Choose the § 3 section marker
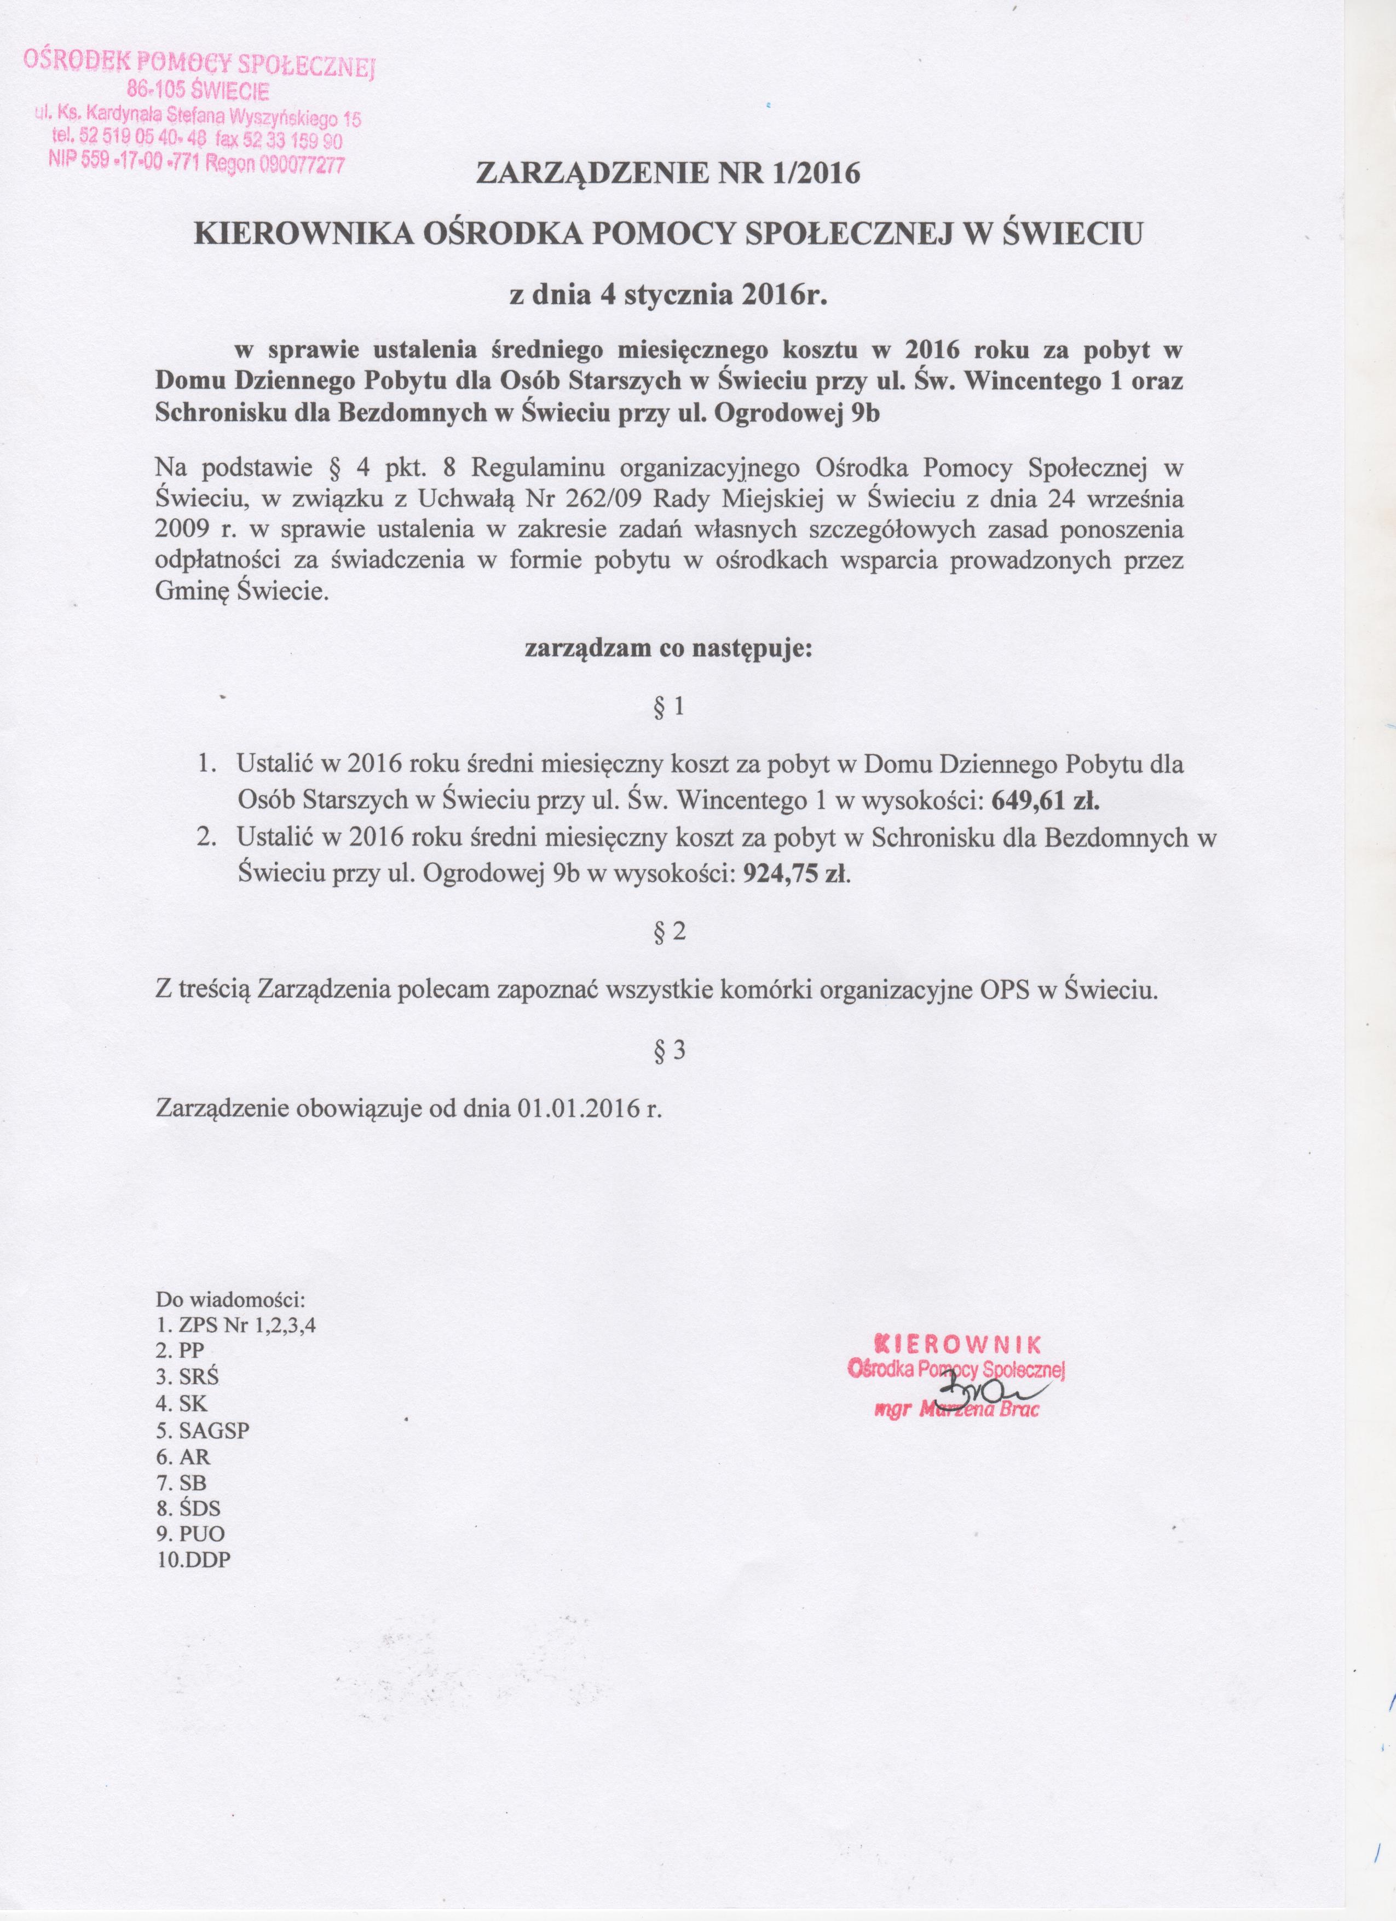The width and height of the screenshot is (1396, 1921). [668, 1050]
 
